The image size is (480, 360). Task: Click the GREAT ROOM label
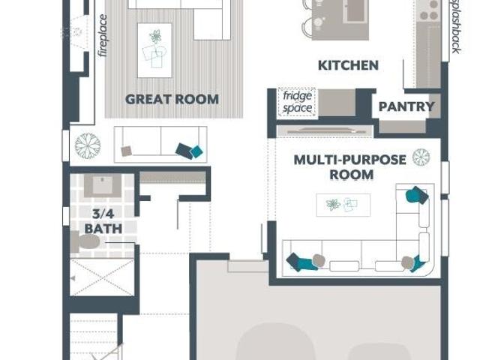pos(172,100)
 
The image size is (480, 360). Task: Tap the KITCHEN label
pos(348,65)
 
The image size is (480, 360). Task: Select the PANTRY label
pos(406,106)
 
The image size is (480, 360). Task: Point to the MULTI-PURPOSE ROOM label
pos(350,167)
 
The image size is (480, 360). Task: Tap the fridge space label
pos(297,102)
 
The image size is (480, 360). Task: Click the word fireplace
pos(103,35)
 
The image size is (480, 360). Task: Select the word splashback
pos(456,27)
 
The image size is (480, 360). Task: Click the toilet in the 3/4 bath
pos(85,242)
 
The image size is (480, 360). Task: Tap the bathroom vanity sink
pos(103,185)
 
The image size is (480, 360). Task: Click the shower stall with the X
pos(102,277)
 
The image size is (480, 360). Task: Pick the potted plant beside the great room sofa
pos(88,145)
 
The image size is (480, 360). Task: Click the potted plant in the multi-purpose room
pos(421,157)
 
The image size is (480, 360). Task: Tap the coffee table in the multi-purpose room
pos(343,205)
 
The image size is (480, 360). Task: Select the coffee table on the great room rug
pos(154,50)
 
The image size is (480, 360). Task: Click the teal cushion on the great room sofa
pos(196,151)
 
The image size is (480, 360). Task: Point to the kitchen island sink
pos(355,10)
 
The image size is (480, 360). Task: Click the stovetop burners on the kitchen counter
pos(429,10)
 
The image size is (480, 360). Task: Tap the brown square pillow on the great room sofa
pos(127,151)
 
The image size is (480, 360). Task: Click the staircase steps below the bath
pos(93,337)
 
